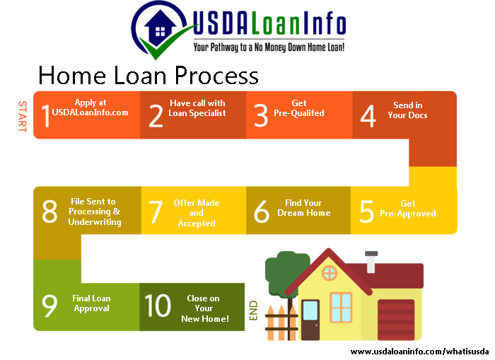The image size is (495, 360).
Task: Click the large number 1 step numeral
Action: (x=46, y=116)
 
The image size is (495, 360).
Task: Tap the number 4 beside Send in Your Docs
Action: (x=368, y=116)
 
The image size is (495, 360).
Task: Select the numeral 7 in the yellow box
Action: (x=156, y=211)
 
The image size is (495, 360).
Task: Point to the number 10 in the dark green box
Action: (x=158, y=306)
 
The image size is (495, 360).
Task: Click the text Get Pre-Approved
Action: (x=407, y=209)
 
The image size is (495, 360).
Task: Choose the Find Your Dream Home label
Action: (x=303, y=207)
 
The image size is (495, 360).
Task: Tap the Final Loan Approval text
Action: (x=91, y=303)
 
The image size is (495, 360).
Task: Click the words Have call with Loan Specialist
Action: (x=197, y=108)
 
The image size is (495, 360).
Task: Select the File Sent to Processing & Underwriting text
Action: (x=94, y=211)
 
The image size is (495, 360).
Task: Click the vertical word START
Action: (x=23, y=116)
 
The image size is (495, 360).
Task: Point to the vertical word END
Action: (x=253, y=310)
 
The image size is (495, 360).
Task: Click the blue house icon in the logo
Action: (x=160, y=28)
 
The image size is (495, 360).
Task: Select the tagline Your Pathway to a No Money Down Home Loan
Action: (x=269, y=47)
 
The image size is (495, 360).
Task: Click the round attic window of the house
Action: (x=330, y=272)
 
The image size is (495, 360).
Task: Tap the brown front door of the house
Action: (x=310, y=320)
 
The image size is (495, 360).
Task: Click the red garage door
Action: (x=396, y=320)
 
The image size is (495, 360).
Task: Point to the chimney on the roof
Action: (x=371, y=262)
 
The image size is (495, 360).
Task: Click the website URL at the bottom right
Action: (x=419, y=352)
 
